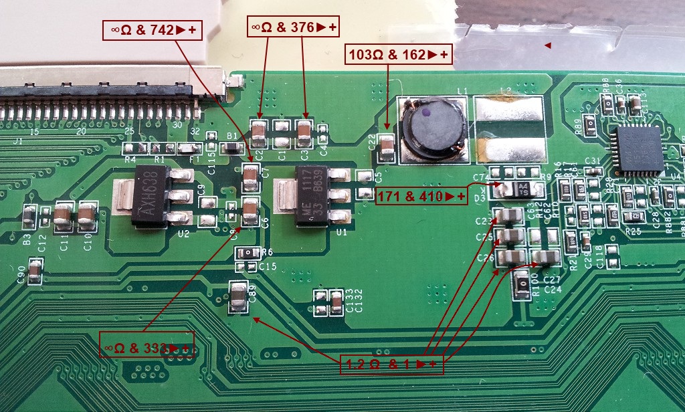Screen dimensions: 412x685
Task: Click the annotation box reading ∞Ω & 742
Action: click(153, 29)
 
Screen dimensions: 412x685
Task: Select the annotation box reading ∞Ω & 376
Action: click(294, 27)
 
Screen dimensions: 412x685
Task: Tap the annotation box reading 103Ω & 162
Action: click(398, 54)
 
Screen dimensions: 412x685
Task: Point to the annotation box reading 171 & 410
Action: click(421, 196)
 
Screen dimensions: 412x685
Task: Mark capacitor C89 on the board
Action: click(238, 296)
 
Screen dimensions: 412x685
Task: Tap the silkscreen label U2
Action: click(184, 235)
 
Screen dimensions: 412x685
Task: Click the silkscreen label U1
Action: click(342, 233)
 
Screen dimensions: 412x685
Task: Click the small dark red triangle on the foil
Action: click(547, 45)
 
